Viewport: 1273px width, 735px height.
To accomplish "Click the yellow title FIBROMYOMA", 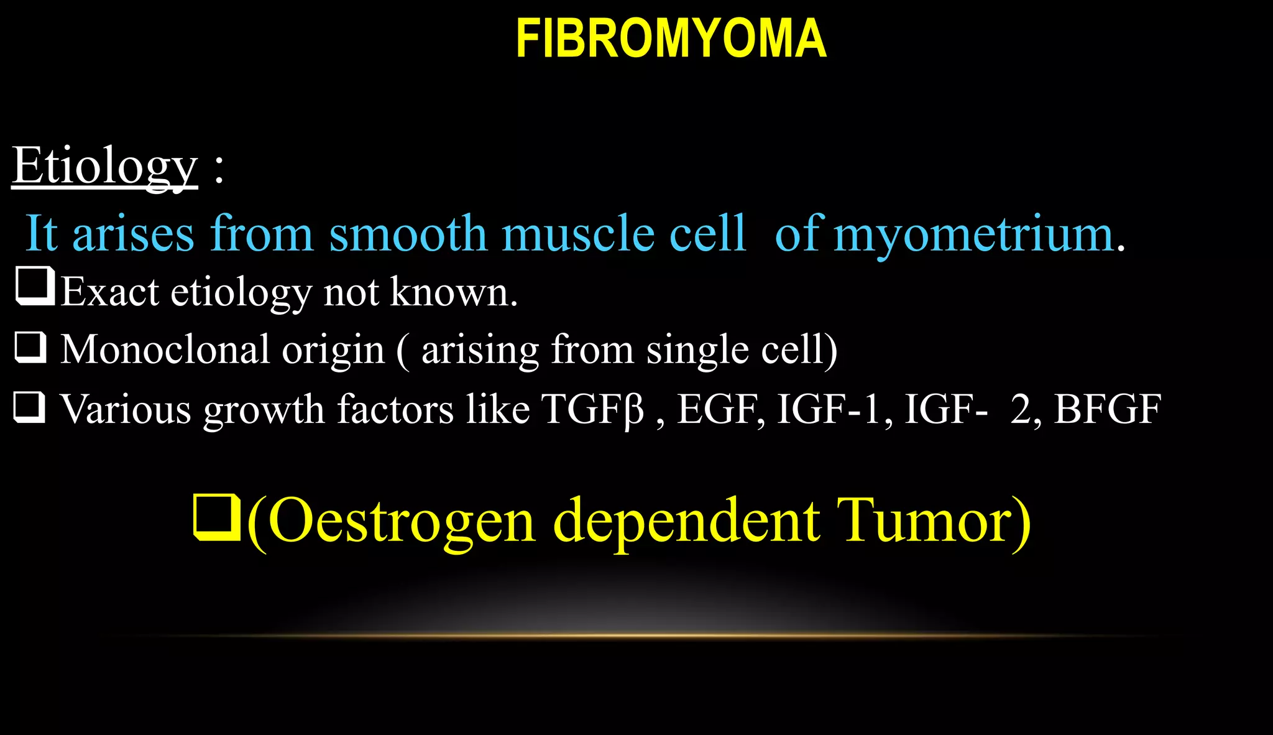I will pos(671,39).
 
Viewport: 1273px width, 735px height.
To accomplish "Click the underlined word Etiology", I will pos(104,166).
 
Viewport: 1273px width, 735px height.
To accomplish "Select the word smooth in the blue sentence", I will pos(408,234).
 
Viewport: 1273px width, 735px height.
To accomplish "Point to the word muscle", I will pos(578,234).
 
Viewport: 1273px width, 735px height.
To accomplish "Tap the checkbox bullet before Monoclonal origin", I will pos(30,347).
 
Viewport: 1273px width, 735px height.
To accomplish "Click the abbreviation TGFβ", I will pos(593,409).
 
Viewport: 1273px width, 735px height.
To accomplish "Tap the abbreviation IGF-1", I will pos(829,409).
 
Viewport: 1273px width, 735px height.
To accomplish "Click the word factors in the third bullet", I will pos(395,409).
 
